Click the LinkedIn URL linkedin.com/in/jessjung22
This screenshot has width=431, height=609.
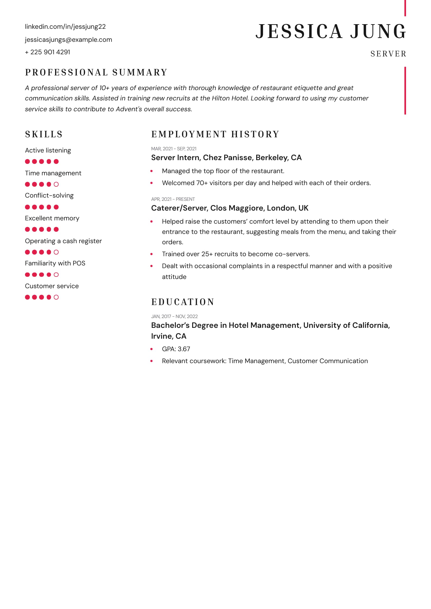click(65, 27)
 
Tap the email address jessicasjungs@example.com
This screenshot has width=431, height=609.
click(68, 40)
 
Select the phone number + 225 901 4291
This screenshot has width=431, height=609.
click(47, 52)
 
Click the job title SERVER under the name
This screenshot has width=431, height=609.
click(388, 54)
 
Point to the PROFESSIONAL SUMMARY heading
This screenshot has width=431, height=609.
click(96, 72)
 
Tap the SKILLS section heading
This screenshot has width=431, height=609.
click(44, 134)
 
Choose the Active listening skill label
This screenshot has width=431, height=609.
click(48, 150)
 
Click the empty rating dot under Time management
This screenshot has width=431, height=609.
click(56, 184)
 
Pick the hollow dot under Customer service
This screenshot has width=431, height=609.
click(56, 297)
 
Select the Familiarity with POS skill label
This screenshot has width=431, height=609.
click(55, 263)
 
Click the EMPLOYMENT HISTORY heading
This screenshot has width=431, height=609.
click(215, 134)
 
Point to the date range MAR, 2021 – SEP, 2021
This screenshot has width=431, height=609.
click(174, 149)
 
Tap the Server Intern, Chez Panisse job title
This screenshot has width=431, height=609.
click(226, 158)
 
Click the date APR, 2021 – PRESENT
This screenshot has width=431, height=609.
click(173, 199)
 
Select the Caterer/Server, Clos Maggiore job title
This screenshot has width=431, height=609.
click(230, 208)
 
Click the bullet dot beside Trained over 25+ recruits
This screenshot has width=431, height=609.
click(151, 254)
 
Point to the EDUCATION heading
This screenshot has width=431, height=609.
click(183, 302)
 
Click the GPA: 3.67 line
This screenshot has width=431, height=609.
click(176, 349)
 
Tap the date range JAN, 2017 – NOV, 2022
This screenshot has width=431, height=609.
click(174, 316)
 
